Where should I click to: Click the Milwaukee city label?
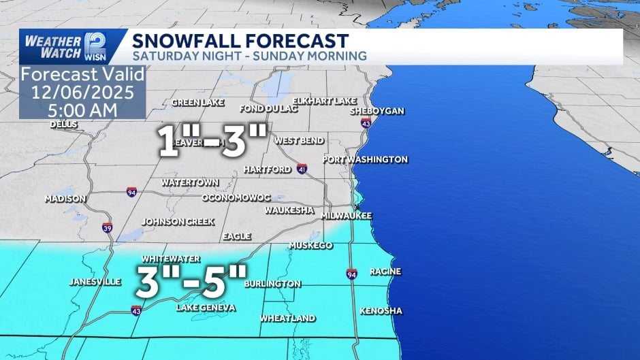[347, 215]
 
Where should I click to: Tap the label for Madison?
[65, 199]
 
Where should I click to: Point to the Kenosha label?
[381, 311]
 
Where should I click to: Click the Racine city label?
[385, 272]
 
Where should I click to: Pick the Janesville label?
[95, 282]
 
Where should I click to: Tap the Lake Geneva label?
[206, 308]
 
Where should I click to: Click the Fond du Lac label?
[265, 109]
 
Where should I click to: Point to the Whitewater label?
[170, 259]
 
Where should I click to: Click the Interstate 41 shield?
[302, 168]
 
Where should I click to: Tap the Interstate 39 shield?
[108, 228]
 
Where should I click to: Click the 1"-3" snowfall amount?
[212, 141]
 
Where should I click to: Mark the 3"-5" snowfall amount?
[191, 281]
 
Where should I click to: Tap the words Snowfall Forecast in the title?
[240, 41]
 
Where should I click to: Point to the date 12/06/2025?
[82, 91]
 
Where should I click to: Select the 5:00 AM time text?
[82, 108]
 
